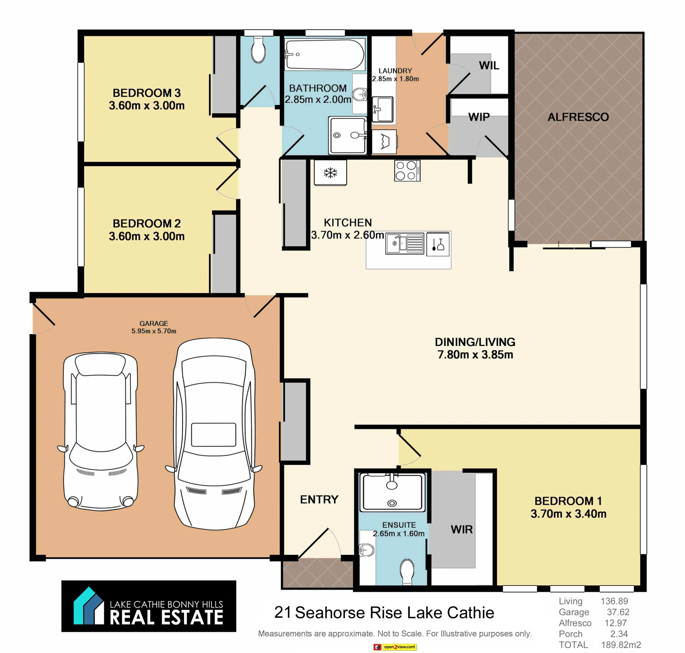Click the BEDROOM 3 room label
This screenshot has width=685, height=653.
coord(147,93)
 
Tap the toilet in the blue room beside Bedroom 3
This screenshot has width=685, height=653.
coord(258,50)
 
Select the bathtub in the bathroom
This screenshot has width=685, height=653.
coord(325,54)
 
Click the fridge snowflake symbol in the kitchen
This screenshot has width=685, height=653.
coord(330,173)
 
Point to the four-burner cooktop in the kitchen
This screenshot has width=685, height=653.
coord(407,170)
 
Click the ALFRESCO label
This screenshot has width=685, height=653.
coord(578,117)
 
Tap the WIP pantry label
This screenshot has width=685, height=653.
coord(479,117)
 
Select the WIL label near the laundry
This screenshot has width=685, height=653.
coord(489,66)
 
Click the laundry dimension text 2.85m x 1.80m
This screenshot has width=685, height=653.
coord(395,79)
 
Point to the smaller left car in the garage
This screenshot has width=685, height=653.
coord(101,431)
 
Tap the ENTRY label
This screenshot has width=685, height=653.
coord(319,499)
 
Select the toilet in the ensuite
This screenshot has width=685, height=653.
coord(407,572)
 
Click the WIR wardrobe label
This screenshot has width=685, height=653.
coord(462,529)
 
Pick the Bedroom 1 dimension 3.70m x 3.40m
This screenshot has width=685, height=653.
coord(568,514)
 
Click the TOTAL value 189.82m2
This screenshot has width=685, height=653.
coord(621,645)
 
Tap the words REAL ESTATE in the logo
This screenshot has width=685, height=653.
coord(166,617)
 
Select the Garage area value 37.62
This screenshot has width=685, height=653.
coord(618,612)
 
